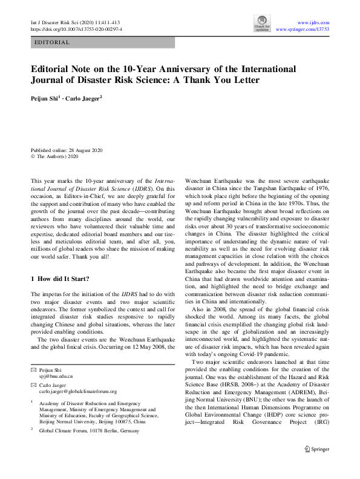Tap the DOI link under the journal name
76,28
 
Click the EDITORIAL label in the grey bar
53,42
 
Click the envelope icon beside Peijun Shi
33,369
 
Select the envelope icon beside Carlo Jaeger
33,385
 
